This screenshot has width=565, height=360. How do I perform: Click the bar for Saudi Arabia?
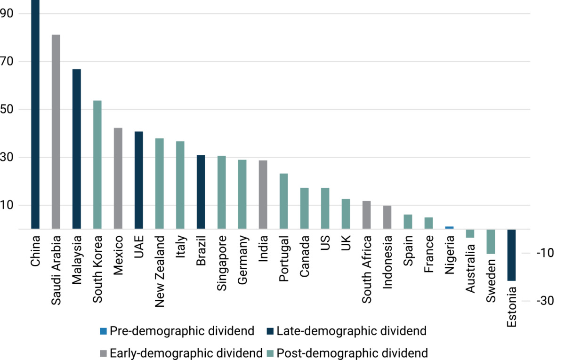pyautogui.click(x=56, y=132)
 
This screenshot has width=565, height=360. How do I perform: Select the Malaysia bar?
pyautogui.click(x=77, y=149)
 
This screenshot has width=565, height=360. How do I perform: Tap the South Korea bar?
pyautogui.click(x=97, y=165)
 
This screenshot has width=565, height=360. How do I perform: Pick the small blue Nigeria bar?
pyautogui.click(x=449, y=228)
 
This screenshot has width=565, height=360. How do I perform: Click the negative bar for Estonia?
pyautogui.click(x=511, y=255)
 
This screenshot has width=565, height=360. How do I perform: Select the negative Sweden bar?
pyautogui.click(x=491, y=241)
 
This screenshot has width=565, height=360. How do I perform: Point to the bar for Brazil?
pyautogui.click(x=201, y=192)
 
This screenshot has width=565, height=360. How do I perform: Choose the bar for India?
pyautogui.click(x=263, y=195)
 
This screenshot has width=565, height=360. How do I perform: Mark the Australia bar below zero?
pyautogui.click(x=470, y=233)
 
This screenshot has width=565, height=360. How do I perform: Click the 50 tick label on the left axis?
pyautogui.click(x=7, y=109)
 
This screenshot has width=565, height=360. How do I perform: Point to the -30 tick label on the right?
pyautogui.click(x=545, y=301)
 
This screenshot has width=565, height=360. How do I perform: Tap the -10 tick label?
pyautogui.click(x=545, y=253)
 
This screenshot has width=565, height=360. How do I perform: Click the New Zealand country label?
pyautogui.click(x=160, y=271)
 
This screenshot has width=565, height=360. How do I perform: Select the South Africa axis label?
pyautogui.click(x=366, y=269)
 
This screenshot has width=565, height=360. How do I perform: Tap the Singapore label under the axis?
pyautogui.click(x=221, y=263)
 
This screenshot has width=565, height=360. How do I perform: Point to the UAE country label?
pyautogui.click(x=139, y=247)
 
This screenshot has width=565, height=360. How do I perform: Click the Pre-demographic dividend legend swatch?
pyautogui.click(x=104, y=331)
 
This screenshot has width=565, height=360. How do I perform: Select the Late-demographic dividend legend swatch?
pyautogui.click(x=270, y=331)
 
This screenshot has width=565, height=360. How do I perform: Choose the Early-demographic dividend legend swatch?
pyautogui.click(x=104, y=353)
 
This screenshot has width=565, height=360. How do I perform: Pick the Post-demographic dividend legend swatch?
pyautogui.click(x=270, y=353)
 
